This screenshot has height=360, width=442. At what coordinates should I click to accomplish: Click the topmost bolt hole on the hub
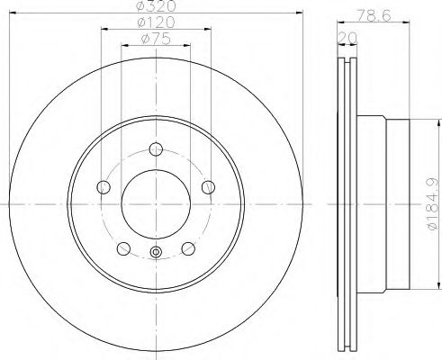point(156,149)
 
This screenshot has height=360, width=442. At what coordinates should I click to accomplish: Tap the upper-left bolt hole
point(104,187)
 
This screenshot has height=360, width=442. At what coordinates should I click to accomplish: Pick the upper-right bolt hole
point(208,187)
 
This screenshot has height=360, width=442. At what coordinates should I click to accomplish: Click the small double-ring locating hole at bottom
point(156,253)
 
